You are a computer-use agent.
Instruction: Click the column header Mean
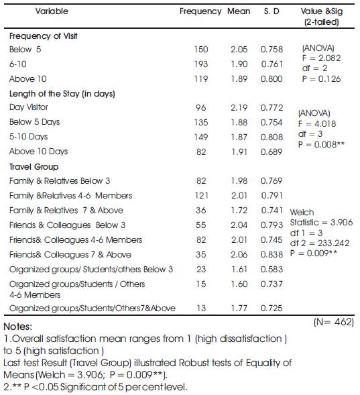(x=239, y=11)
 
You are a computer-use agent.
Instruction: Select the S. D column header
(x=272, y=11)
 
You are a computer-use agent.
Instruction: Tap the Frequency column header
(x=200, y=11)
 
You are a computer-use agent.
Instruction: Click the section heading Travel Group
(x=34, y=167)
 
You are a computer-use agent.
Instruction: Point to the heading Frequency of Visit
(x=44, y=36)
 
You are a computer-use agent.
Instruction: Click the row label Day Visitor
(x=28, y=107)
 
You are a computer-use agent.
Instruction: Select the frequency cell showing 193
(x=201, y=64)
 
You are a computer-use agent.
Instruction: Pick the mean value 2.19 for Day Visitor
(x=239, y=108)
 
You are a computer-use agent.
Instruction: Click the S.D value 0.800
(x=272, y=79)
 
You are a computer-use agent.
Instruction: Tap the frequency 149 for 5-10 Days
(x=201, y=137)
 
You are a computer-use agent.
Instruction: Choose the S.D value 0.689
(x=272, y=152)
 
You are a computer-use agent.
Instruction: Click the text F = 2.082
(x=322, y=58)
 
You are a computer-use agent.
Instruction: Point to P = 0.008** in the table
(x=321, y=145)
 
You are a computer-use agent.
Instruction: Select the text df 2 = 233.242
(x=320, y=243)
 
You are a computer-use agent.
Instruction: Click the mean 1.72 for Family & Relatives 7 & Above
(x=239, y=211)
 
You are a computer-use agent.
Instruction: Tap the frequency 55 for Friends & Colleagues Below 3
(x=201, y=225)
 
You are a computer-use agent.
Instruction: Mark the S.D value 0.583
(x=272, y=270)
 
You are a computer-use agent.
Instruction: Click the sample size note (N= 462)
(x=334, y=322)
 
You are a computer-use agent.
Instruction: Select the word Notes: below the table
(x=18, y=327)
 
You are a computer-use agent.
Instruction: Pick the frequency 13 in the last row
(x=201, y=308)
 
